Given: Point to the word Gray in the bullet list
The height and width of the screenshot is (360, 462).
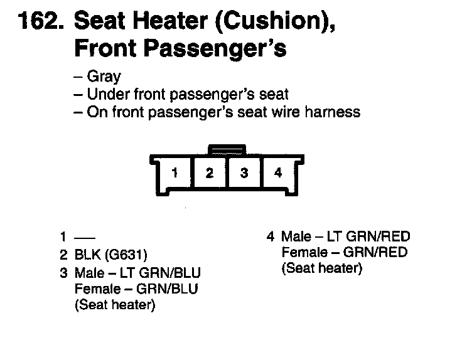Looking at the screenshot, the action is click(104, 78).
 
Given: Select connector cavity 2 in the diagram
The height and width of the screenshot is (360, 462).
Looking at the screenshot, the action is click(210, 172).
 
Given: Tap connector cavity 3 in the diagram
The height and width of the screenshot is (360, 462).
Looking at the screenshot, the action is click(244, 172).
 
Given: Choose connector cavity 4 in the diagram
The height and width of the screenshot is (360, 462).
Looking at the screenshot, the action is click(278, 172).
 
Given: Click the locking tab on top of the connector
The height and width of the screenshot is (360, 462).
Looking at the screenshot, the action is click(227, 150).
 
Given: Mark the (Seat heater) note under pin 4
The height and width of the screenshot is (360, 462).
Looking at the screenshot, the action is click(321, 269).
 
